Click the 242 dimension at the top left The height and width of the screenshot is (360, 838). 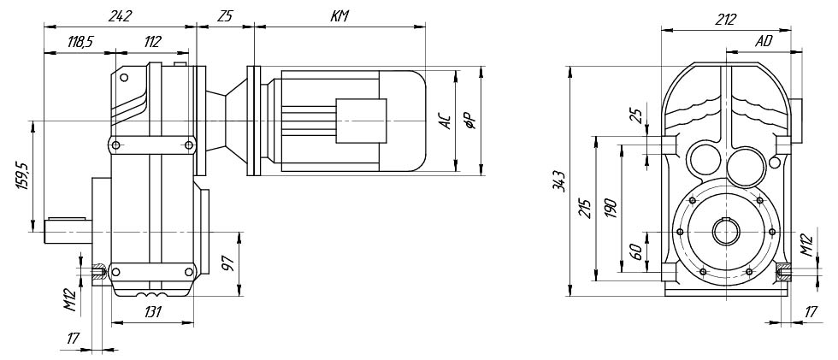coord(120,16)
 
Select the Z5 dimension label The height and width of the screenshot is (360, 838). coord(225,16)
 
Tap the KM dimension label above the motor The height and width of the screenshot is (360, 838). coord(339,16)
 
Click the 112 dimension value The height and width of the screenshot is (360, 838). coord(152,42)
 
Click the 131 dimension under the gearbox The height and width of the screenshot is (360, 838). coord(153,312)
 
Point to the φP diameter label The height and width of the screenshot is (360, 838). coord(470,122)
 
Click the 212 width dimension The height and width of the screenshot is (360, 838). coord(726,20)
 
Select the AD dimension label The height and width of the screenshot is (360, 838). coord(764,42)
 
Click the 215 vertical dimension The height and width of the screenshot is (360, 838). coord(585,209)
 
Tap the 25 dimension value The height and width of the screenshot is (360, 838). coord(636,115)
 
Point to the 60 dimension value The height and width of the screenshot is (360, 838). coord(636,252)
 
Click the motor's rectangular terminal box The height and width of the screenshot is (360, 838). coord(361,121)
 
